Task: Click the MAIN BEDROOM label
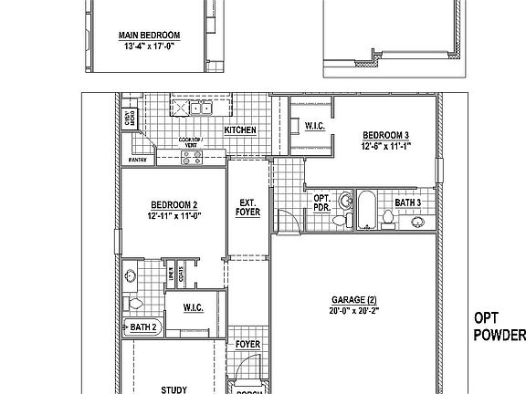click(x=148, y=36)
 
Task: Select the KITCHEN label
click(x=240, y=130)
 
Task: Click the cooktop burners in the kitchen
click(x=192, y=157)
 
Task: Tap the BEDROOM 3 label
click(x=385, y=135)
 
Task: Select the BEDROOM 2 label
click(x=174, y=205)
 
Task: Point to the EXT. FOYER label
click(x=248, y=207)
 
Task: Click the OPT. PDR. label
click(x=322, y=202)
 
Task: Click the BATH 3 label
click(x=407, y=202)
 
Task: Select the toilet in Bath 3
click(x=388, y=216)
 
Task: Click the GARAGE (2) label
click(x=353, y=300)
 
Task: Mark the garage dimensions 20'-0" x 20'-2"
click(x=353, y=311)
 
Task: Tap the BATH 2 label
click(x=143, y=327)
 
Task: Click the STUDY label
click(x=174, y=389)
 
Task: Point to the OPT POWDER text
click(x=500, y=327)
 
